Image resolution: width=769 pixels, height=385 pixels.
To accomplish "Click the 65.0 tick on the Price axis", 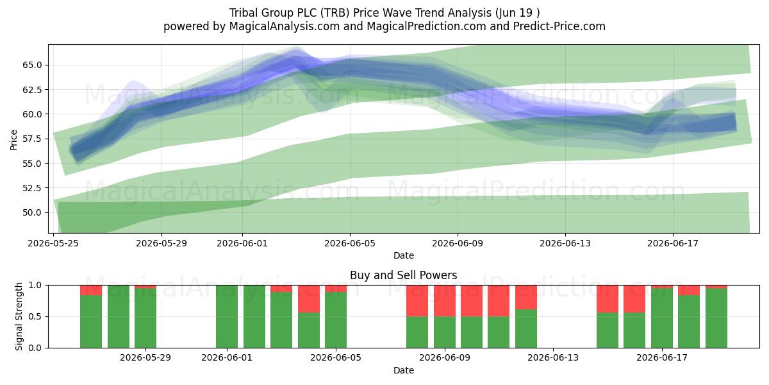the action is pos(32,65).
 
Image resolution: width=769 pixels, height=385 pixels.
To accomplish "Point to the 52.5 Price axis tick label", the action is pos(32,188).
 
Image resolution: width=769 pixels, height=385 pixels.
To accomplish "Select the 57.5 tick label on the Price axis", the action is pos(32,139).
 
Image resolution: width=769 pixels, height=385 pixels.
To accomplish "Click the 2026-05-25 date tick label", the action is pos(53,243).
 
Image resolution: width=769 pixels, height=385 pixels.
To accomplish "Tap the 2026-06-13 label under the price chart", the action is pos(565,243).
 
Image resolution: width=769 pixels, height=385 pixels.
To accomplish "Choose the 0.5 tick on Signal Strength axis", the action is pos(35,316).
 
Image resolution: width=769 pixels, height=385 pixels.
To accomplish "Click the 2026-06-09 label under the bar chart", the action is pos(445,358).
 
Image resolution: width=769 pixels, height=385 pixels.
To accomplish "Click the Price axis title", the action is pos(13,140).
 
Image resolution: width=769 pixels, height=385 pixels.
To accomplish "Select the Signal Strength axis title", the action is pos(19,316).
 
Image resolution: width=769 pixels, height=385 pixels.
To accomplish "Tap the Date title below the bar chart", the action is pos(404,370).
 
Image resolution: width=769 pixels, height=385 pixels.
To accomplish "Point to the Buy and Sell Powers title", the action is pos(403,275).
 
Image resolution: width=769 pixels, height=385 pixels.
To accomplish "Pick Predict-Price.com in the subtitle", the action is pos(559,26).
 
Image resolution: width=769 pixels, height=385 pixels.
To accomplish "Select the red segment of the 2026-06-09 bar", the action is pos(445,301).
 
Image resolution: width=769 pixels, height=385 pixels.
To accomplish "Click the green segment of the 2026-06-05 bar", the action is pos(336,320).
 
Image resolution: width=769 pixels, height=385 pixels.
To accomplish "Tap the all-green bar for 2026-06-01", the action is pos(227,316).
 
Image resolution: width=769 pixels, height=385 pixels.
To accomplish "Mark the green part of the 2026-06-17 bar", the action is pos(662,318).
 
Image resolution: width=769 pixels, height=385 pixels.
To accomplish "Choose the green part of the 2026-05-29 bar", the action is pos(145,318).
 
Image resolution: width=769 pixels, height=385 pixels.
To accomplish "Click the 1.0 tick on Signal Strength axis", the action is pos(35,286).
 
